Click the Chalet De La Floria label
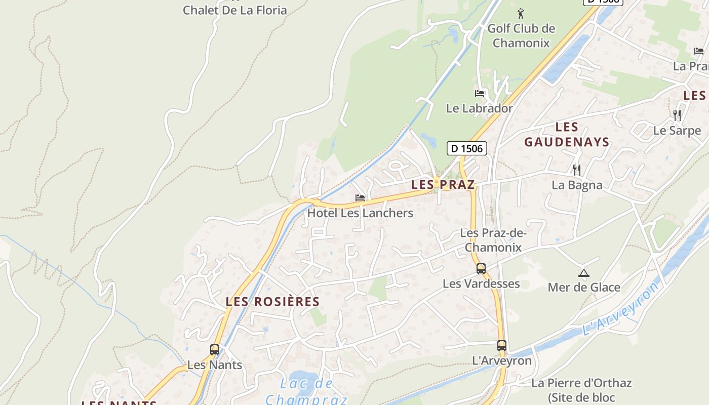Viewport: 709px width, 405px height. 234,10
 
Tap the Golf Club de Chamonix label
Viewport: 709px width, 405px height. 521,35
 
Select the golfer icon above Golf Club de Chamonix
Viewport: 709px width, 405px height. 521,13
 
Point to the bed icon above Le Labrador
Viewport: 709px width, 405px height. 479,93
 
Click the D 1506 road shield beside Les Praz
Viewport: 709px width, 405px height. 467,148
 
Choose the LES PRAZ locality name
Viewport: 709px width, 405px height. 443,185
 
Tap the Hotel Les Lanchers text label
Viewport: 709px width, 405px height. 360,213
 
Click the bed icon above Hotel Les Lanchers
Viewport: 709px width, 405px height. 360,197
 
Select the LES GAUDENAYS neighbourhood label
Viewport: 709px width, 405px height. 567,134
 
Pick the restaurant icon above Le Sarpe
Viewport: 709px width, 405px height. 677,115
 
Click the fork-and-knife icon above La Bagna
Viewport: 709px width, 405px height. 576,169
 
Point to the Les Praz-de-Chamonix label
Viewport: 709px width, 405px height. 493,240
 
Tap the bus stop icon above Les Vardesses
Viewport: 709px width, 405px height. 481,268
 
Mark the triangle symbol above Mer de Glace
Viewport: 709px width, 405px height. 583,273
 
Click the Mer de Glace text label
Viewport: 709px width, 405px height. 584,287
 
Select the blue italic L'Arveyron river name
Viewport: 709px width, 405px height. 621,309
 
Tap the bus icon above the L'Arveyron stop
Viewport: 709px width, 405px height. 501,345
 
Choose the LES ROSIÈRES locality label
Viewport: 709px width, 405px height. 272,302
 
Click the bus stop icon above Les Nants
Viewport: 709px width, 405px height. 215,349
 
